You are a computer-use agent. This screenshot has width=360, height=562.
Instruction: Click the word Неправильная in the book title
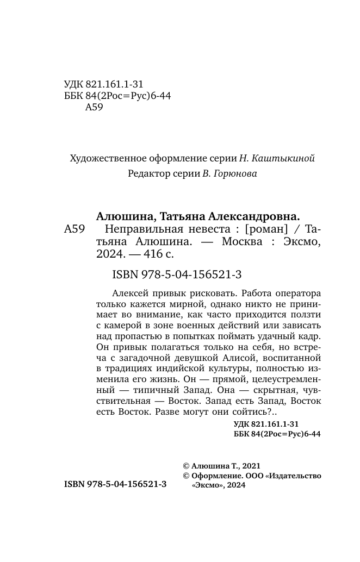pyautogui.click(x=144, y=229)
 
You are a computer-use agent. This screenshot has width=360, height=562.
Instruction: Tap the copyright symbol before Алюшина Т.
pyautogui.click(x=187, y=466)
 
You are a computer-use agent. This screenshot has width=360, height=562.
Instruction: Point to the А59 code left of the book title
pyautogui.click(x=74, y=229)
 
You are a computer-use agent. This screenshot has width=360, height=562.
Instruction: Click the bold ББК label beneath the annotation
pyautogui.click(x=241, y=434)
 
